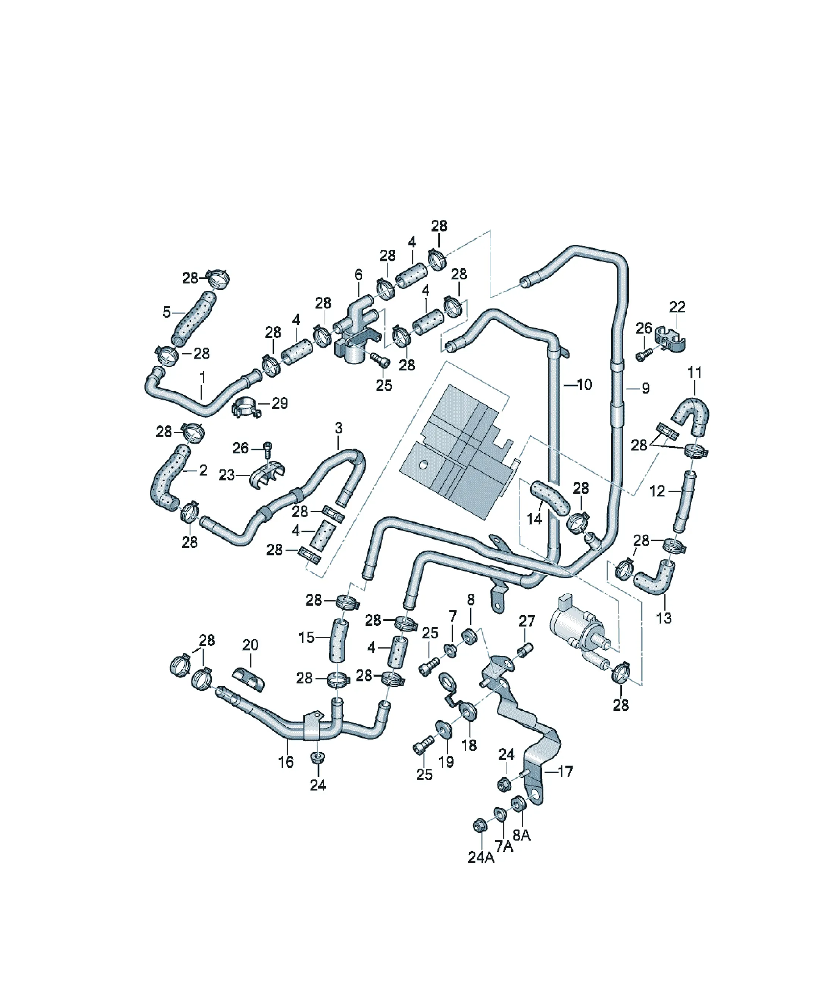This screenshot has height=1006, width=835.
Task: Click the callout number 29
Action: [280, 403]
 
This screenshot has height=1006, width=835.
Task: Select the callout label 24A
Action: [481, 857]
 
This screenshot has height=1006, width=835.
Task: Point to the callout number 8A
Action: [522, 834]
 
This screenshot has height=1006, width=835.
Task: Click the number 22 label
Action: [677, 307]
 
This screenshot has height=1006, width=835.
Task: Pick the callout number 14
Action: [534, 518]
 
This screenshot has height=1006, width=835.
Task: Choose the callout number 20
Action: [250, 645]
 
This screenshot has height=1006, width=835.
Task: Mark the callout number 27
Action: [527, 621]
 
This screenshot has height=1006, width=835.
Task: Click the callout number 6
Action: [358, 275]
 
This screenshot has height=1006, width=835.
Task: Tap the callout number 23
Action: [227, 475]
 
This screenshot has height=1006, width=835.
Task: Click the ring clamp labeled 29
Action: [246, 408]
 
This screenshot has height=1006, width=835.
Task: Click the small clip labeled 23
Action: [266, 474]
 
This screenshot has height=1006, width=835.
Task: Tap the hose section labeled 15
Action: [338, 641]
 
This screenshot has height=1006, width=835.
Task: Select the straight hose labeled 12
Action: [684, 502]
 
